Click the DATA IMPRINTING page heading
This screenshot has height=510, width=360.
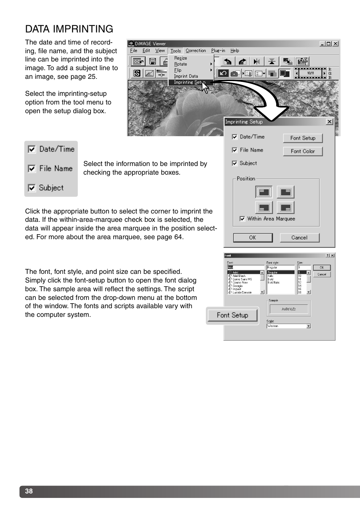coord(69,29)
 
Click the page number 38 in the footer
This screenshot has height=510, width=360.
coord(29,491)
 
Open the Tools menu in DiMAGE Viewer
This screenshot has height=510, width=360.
coord(175,51)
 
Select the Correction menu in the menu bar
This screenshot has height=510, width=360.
coord(195,51)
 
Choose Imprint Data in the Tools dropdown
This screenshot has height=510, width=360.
coord(186,76)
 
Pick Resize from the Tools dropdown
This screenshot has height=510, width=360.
coord(180,58)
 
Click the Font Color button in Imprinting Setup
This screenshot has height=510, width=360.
coord(303,151)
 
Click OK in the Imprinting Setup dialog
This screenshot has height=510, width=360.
coord(252,238)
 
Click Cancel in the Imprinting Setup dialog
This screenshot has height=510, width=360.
coord(299,238)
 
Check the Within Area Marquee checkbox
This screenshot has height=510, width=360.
coord(242,219)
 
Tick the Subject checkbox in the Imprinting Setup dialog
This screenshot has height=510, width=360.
coord(235,163)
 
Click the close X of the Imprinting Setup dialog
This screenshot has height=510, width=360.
coord(329,121)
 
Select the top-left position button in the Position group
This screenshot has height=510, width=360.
coord(264,192)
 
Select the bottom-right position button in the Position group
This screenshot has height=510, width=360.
coord(286,207)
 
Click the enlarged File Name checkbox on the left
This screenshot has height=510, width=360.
coord(32,169)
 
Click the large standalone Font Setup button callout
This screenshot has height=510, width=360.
coord(232,315)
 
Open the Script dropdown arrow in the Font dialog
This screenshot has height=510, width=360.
coord(309,326)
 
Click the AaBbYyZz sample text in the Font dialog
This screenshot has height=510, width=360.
coord(289,309)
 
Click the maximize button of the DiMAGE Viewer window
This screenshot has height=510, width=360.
coord(329,44)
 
